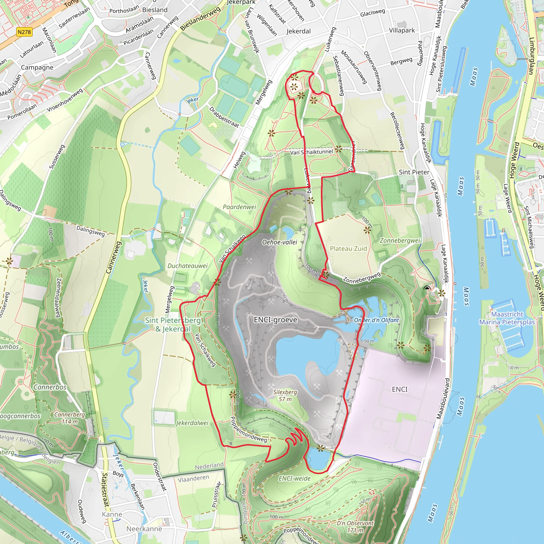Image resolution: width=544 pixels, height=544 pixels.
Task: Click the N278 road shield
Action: point(24,32)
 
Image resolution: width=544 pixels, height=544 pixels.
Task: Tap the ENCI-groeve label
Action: point(275,320)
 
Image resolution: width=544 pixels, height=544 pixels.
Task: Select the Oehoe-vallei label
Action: point(280,242)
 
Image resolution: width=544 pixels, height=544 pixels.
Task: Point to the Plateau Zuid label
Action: point(348,249)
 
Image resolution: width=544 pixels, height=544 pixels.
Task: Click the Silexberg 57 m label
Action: point(285,396)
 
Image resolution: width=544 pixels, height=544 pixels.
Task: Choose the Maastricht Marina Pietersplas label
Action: point(507,318)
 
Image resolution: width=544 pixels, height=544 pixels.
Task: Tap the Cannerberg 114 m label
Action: point(70,418)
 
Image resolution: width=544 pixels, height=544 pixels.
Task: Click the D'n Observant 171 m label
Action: point(355,526)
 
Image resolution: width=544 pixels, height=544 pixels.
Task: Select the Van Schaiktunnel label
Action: point(311,152)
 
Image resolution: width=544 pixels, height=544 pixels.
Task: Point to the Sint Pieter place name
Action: point(414,172)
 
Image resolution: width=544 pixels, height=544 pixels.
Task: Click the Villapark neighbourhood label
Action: point(402,30)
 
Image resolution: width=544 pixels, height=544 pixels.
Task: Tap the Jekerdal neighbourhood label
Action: point(299,31)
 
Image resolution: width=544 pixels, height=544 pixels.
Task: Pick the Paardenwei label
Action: point(239,207)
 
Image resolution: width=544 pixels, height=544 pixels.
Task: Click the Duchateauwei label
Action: point(188,266)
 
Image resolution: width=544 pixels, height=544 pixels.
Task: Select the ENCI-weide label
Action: point(295,478)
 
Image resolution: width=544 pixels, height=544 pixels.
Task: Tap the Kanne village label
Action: point(112,515)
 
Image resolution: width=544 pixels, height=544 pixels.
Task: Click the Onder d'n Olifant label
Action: point(376,320)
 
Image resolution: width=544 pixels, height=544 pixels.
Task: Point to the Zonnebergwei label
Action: point(400,240)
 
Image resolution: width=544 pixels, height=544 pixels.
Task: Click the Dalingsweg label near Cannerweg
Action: point(91,231)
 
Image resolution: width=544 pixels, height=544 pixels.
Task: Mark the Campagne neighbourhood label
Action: point(37,67)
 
